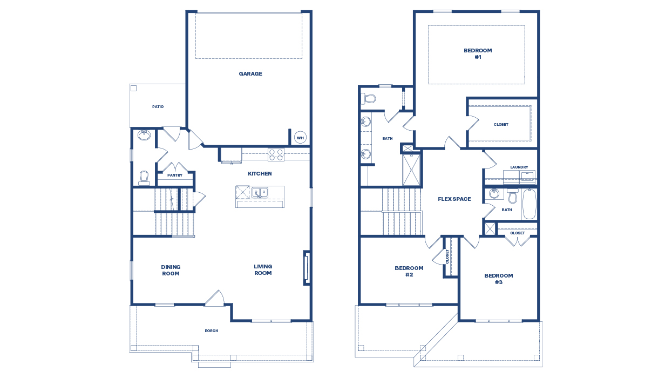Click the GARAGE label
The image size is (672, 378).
pyautogui.click(x=250, y=74)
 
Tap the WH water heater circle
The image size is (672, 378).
pyautogui.click(x=300, y=138)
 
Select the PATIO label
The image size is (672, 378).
pyautogui.click(x=158, y=107)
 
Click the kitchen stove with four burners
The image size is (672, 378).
pyautogui.click(x=276, y=154)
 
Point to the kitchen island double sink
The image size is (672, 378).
pyautogui.click(x=259, y=192)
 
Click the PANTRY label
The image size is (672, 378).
pyautogui.click(x=174, y=175)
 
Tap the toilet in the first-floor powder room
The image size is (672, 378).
pyautogui.click(x=144, y=178)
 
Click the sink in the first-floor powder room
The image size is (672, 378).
pyautogui.click(x=144, y=136)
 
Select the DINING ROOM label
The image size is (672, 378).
pyautogui.click(x=171, y=270)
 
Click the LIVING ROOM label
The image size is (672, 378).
pyautogui.click(x=263, y=269)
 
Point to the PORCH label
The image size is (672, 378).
pyautogui.click(x=211, y=331)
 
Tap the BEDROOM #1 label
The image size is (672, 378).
pyautogui.click(x=478, y=53)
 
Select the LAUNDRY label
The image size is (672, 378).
pyautogui.click(x=519, y=167)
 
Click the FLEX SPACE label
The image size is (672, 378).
pyautogui.click(x=454, y=199)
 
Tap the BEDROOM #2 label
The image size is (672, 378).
pyautogui.click(x=409, y=271)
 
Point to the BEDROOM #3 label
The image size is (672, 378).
pyautogui.click(x=498, y=279)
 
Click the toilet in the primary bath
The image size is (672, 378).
pyautogui.click(x=369, y=98)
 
